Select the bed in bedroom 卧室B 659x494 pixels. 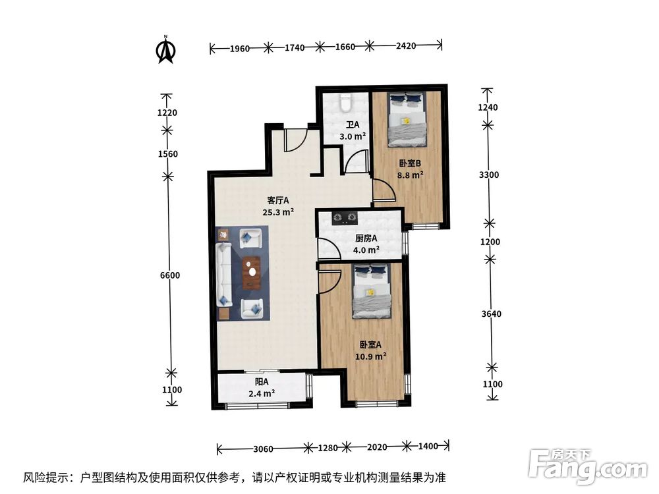tap(405, 119)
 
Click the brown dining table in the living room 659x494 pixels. tap(251, 273)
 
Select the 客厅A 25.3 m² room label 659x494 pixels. tap(278, 206)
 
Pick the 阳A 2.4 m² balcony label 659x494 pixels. tap(262, 388)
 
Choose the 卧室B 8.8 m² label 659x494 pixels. tap(409, 169)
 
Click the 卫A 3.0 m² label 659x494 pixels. tap(353, 130)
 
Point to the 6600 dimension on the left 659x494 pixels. tap(169, 275)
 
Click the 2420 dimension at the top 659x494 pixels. tap(407, 47)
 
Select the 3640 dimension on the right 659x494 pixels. tap(491, 314)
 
